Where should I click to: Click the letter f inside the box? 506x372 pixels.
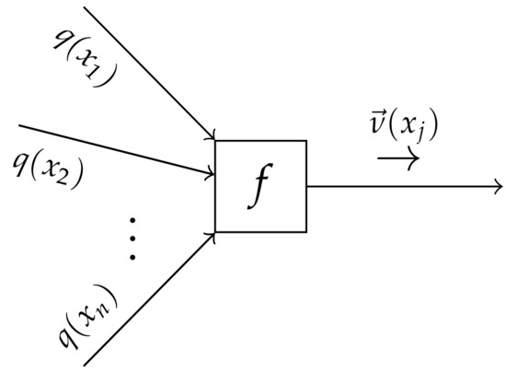click(x=260, y=188)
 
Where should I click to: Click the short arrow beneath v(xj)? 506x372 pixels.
click(x=398, y=157)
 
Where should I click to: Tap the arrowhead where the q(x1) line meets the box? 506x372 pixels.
click(x=212, y=137)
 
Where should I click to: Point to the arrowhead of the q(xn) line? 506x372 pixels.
click(x=212, y=238)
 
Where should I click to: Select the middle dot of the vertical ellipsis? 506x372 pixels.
click(x=132, y=238)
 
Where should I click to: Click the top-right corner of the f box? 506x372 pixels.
click(x=305, y=141)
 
